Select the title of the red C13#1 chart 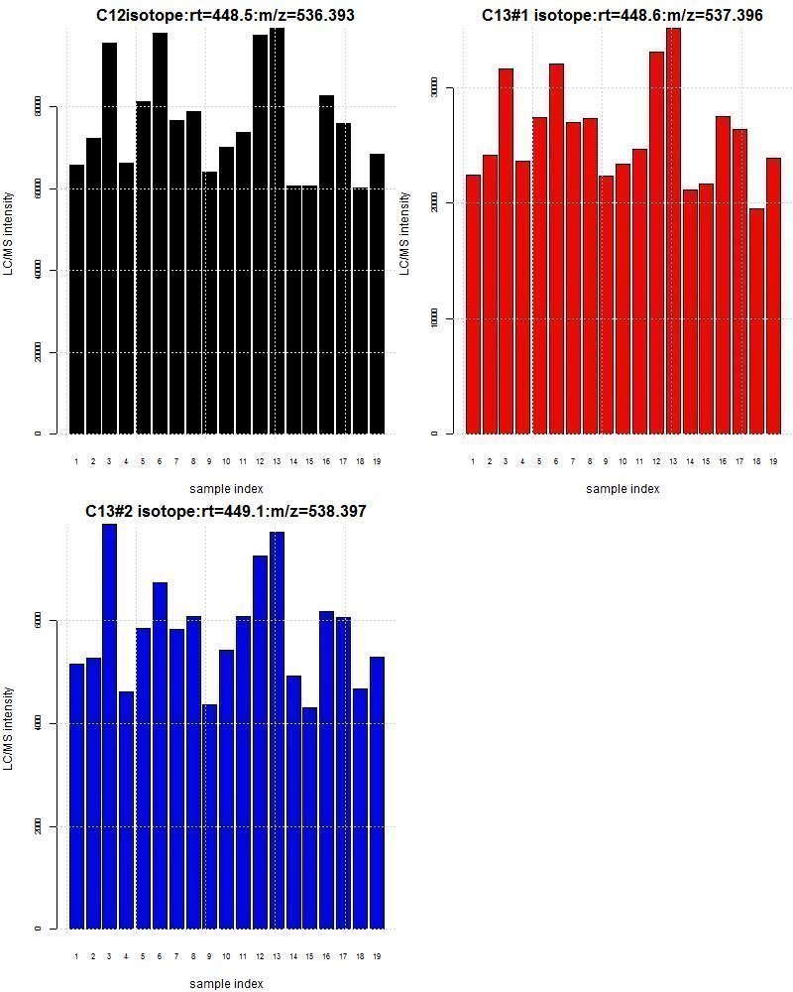[623, 16]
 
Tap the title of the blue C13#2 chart [226, 512]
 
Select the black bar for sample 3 [109, 238]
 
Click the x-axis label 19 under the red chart [772, 461]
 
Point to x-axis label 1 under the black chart [76, 461]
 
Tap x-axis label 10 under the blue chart [226, 956]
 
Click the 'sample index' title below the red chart [623, 488]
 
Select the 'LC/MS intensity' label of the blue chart [9, 728]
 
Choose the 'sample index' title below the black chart [226, 488]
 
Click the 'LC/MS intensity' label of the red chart [404, 234]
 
